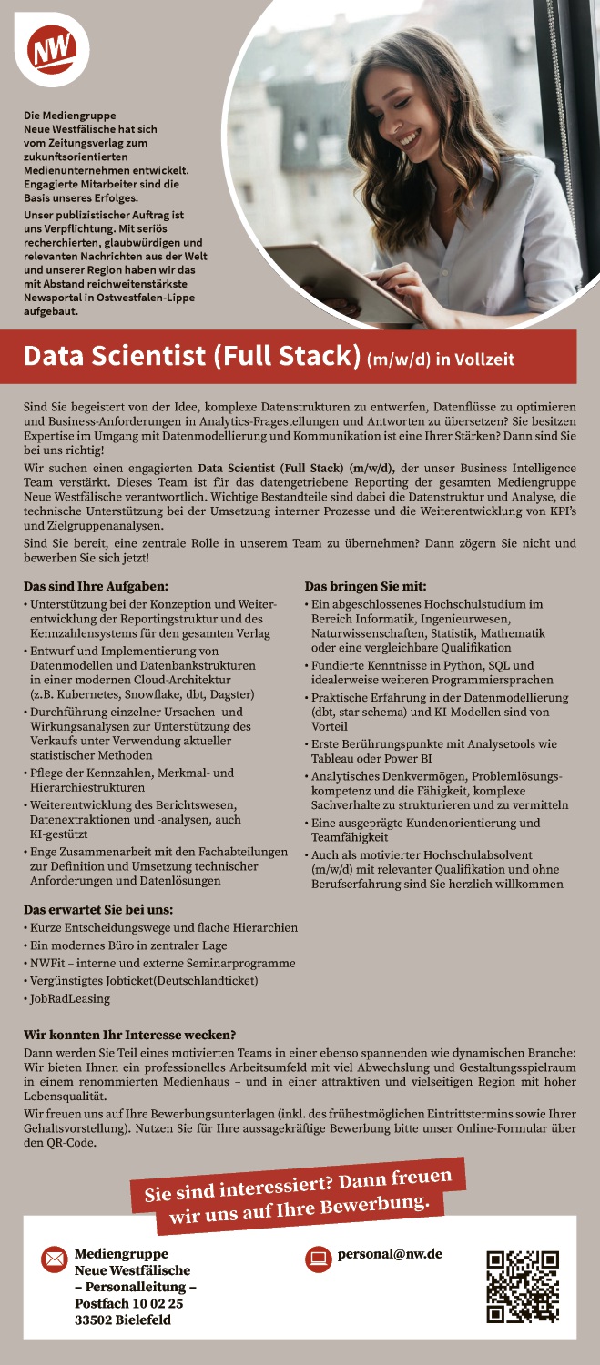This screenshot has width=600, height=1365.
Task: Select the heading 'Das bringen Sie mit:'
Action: click(359, 587)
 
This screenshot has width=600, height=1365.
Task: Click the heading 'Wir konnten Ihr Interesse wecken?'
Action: click(130, 1035)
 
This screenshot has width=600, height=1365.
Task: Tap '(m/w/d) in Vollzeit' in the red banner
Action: click(441, 359)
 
